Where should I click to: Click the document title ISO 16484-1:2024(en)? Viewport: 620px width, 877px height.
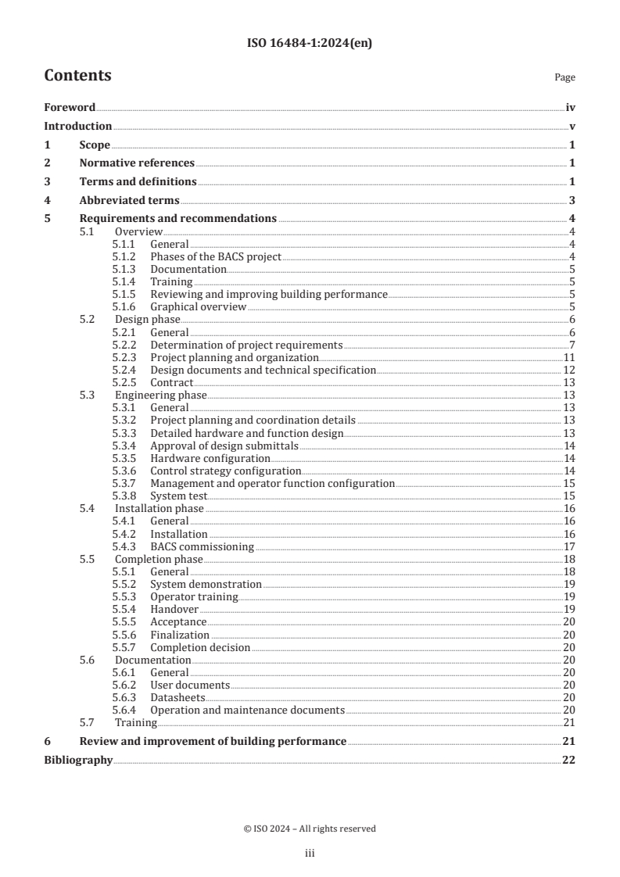310,44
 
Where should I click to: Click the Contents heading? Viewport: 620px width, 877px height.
77,76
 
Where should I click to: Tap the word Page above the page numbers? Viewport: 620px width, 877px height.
564,78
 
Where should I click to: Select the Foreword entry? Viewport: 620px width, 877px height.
70,108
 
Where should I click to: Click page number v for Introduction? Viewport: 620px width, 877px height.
572,126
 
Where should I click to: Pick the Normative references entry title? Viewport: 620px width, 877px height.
137,163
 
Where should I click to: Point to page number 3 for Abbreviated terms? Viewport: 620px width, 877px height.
572,200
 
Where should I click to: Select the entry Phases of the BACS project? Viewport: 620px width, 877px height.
215,256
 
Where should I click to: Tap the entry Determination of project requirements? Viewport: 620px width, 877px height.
246,345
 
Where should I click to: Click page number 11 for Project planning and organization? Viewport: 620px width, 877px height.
570,357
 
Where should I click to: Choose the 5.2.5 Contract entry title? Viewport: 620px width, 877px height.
171,382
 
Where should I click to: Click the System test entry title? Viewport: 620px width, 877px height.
178,496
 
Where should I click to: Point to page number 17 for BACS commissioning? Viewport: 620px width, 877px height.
570,546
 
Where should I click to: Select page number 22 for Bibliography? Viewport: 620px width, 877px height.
568,760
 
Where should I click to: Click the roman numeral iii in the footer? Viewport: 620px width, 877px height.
309,854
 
